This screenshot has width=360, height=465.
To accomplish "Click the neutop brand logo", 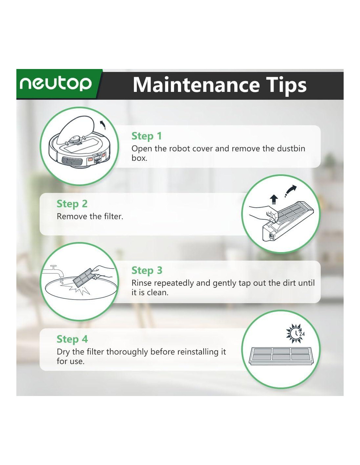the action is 56,84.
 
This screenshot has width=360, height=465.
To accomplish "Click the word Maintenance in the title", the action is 196,85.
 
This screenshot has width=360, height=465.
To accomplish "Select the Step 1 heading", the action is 147,136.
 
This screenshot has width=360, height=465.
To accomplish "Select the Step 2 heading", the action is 72,204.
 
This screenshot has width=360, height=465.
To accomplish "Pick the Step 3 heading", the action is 147,270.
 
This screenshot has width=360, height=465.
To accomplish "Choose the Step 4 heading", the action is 72,339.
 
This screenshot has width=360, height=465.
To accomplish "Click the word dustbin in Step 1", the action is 291,148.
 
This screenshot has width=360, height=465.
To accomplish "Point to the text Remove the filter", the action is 90,216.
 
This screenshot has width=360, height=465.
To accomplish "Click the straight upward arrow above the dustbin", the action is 274,200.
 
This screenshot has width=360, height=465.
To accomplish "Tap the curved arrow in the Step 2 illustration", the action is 291,191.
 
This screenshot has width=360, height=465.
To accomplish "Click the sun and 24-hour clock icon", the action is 295,333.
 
